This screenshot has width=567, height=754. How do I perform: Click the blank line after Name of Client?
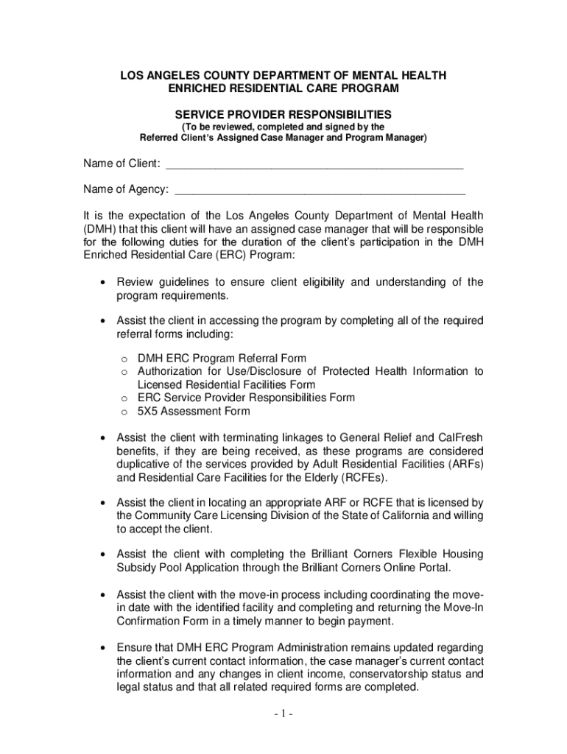[314, 164]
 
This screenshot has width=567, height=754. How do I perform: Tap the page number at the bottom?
[283, 714]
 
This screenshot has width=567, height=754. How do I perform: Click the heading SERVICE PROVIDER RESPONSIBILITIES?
[283, 115]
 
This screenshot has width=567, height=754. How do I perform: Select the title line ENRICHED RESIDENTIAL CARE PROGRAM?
[283, 88]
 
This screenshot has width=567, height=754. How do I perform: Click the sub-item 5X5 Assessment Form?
[194, 411]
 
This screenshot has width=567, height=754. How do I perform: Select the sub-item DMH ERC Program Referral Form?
[222, 358]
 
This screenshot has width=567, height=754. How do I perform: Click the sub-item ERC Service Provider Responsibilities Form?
[246, 398]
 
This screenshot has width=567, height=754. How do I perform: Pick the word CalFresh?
[460, 437]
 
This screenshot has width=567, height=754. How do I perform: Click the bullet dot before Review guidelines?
[104, 282]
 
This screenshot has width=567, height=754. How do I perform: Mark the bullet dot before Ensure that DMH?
[104, 647]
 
